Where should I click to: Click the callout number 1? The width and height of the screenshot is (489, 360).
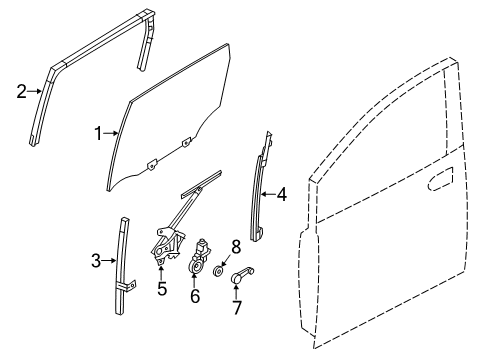98,134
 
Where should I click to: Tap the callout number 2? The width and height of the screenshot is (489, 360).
21,91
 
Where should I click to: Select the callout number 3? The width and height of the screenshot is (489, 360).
96,261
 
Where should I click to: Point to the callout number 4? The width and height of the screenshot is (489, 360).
282,194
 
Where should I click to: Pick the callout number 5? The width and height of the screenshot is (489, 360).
162,288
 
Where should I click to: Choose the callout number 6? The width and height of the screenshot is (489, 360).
195,295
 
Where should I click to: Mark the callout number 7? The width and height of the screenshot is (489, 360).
237,307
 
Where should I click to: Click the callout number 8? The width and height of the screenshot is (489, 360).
236,247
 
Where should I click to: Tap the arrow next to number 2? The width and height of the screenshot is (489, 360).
35,91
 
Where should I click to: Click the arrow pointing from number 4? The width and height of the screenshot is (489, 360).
268,194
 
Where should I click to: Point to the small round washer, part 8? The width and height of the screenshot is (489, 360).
218,272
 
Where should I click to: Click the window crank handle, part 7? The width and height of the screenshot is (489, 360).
242,275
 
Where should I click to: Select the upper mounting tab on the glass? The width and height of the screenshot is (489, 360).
186,142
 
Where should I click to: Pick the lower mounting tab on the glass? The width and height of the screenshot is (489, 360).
152,165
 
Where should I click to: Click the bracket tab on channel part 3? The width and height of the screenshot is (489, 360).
127,286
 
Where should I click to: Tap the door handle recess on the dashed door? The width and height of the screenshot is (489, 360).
440,179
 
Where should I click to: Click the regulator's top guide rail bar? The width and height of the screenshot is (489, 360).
201,185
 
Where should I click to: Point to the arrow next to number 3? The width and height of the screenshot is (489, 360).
109,261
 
